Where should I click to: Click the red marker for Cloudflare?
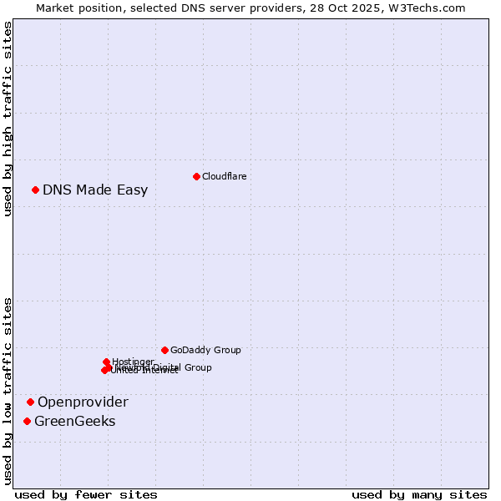[196, 176]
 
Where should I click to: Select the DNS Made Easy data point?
[36, 190]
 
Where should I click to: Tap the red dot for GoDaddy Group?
[164, 350]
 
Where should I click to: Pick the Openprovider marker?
[31, 402]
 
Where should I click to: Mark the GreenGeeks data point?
[28, 422]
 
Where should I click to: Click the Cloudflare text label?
[224, 176]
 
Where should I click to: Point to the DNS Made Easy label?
[95, 190]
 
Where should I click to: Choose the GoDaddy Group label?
[205, 350]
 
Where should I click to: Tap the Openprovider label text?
[83, 402]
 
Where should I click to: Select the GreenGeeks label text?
[74, 422]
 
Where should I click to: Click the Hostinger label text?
[133, 362]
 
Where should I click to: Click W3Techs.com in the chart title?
[427, 8]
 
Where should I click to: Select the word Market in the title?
[57, 8]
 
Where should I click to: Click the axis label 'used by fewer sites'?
[86, 494]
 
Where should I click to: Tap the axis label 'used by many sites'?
[419, 494]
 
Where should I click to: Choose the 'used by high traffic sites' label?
[8, 119]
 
